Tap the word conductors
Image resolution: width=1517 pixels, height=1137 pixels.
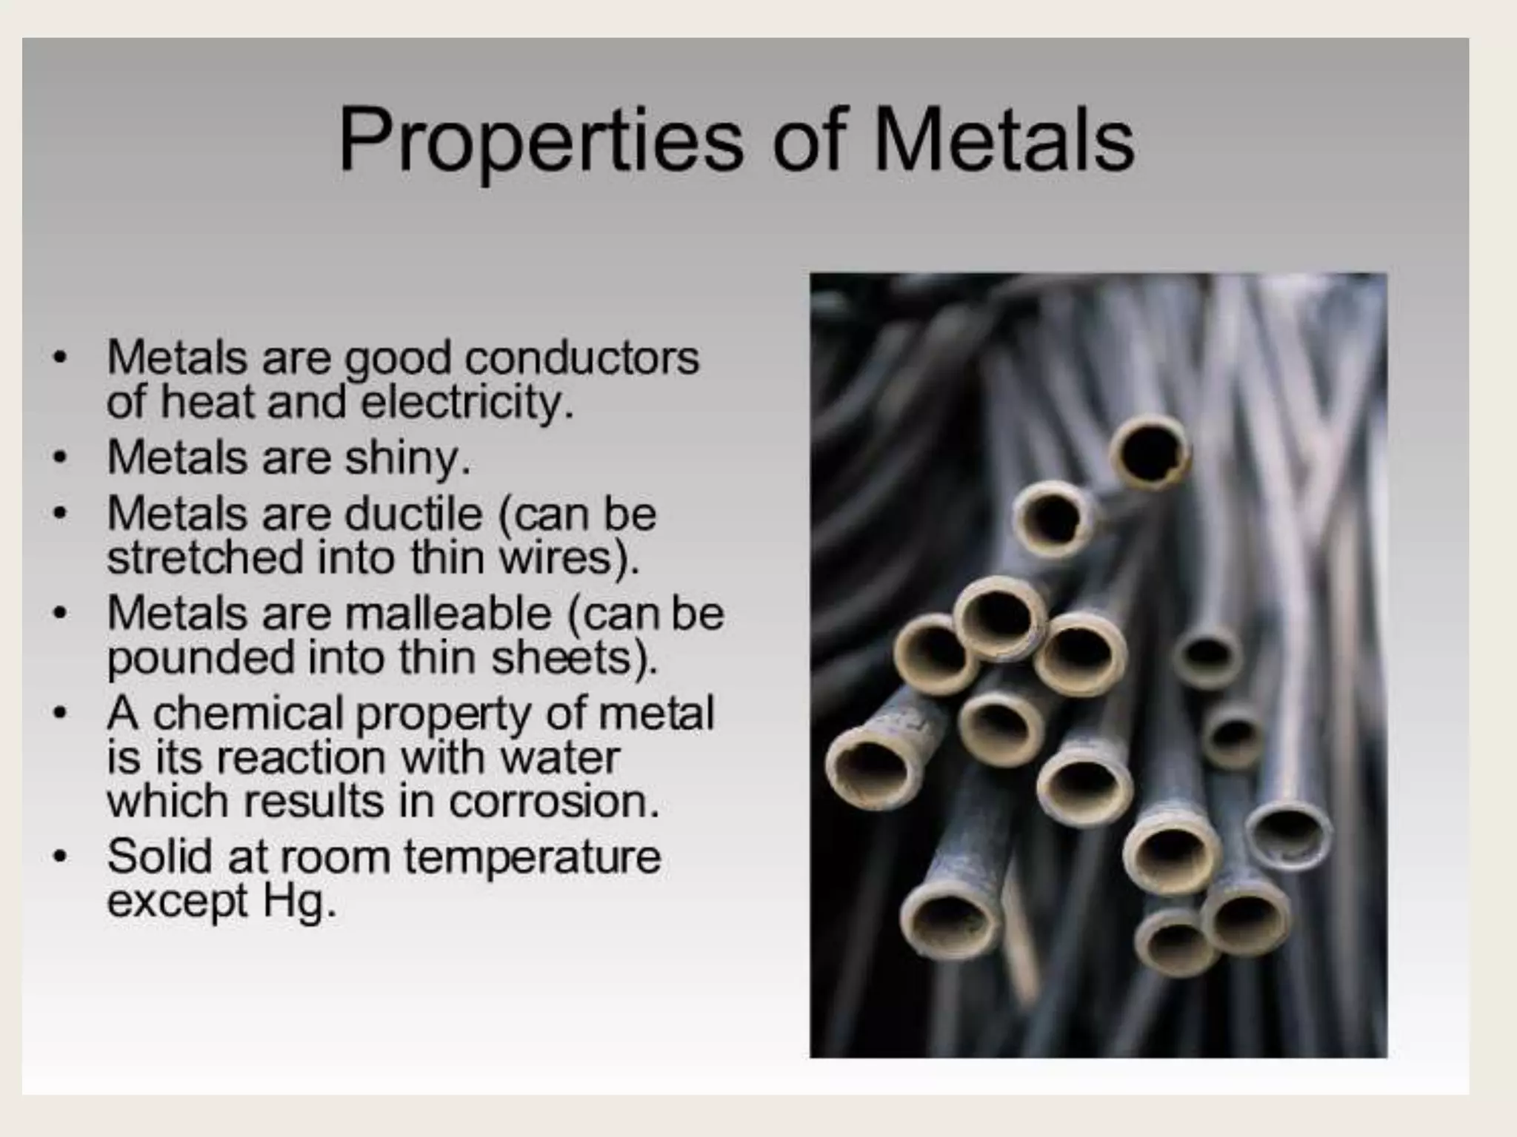coord(581,358)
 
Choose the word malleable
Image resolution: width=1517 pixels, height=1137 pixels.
coord(448,614)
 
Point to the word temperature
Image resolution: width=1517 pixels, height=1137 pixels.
coord(532,857)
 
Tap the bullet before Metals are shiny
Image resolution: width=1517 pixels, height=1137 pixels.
coord(60,458)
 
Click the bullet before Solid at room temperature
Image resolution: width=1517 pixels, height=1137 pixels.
coord(60,857)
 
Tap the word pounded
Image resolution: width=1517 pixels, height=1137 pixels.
coord(201,658)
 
